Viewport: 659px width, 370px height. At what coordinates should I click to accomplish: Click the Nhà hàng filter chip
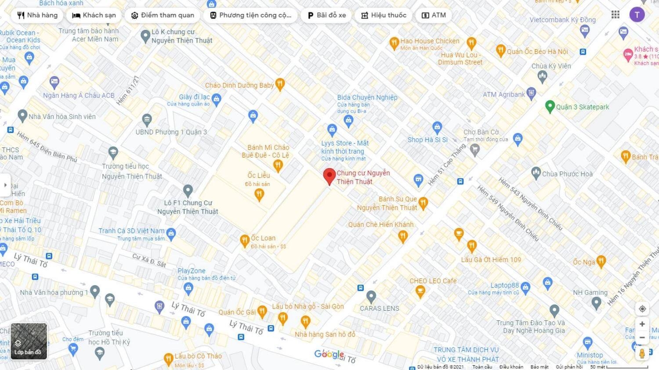pos(37,15)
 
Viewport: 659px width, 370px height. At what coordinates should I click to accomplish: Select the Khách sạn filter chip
pos(94,15)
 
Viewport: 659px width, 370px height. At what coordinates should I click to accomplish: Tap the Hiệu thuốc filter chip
pos(384,15)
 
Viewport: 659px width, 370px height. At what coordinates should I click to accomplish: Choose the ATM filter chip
pos(434,15)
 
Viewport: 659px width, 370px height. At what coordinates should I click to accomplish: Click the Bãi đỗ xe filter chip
pos(326,15)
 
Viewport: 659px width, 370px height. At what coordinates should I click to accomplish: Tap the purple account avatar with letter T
pos(637,14)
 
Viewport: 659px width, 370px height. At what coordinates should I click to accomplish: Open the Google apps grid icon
pos(616,14)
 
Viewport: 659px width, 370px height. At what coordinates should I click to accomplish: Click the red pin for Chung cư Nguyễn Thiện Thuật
pos(329,176)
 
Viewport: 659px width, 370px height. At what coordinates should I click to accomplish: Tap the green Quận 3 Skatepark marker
pos(549,106)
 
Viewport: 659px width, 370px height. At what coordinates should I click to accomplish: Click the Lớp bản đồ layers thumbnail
pos(29,341)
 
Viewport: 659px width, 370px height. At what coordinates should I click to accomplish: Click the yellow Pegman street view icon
pos(642,353)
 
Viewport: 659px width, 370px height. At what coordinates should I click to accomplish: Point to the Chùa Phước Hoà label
pos(567,174)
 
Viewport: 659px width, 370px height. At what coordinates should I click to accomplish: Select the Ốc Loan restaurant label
pos(263,238)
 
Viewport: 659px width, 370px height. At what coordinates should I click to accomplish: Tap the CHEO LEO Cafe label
pos(433,281)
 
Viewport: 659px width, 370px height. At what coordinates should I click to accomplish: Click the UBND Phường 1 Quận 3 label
pos(171,132)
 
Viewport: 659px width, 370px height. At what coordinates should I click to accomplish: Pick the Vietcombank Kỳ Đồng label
pos(562,20)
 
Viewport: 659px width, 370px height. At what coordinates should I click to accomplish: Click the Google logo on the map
pos(329,354)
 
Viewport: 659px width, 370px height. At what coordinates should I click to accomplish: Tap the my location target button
pos(642,309)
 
